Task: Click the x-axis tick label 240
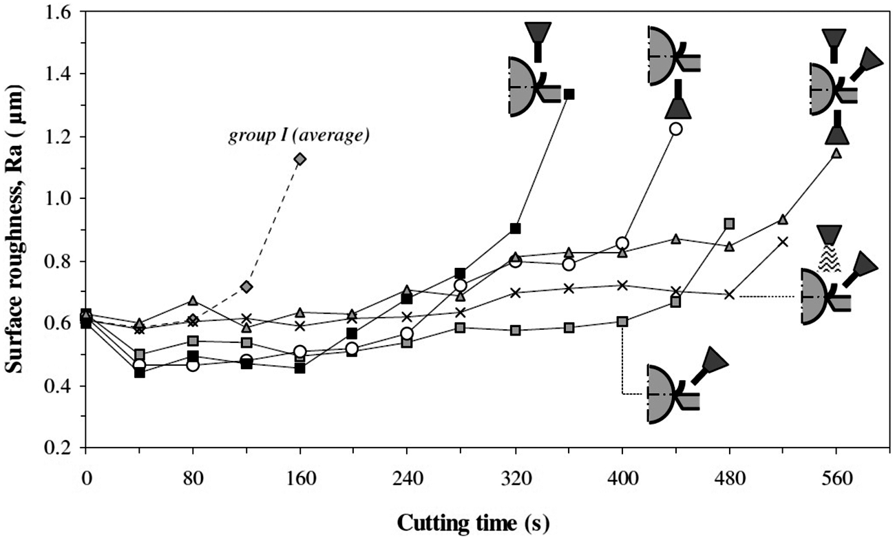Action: (407, 479)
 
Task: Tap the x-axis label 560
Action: (836, 479)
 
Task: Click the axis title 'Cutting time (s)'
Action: (474, 523)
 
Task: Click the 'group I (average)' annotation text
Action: (299, 136)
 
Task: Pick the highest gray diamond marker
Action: (300, 159)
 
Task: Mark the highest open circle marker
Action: (675, 129)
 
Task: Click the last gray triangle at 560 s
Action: (836, 154)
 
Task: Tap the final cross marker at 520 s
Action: (783, 242)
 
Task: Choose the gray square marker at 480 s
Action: (729, 224)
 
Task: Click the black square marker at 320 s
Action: (516, 228)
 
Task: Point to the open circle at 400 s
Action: (622, 242)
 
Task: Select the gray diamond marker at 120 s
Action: (246, 287)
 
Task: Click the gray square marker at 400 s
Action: (622, 322)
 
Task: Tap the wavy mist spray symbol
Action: (829, 258)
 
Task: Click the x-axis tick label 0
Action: (86, 479)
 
